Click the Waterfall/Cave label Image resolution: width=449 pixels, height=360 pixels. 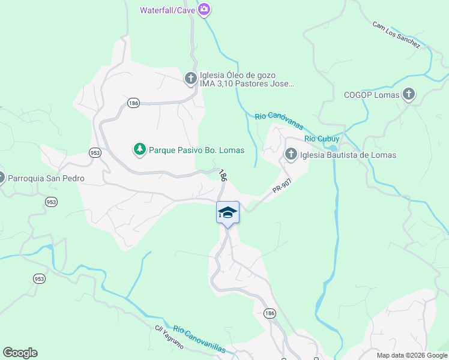tap(167, 10)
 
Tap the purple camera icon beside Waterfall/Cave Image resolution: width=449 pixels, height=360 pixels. tap(204, 10)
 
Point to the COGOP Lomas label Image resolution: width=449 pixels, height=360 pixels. tap(372, 94)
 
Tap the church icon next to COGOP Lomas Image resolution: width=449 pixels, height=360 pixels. tap(409, 94)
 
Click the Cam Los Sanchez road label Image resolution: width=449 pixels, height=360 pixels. tap(396, 34)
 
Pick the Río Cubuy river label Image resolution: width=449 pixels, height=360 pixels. tap(322, 139)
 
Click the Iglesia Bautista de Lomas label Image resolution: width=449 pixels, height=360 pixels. tap(348, 155)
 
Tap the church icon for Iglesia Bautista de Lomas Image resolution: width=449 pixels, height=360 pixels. tap(291, 155)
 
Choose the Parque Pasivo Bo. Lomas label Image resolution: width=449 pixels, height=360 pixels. tap(196, 149)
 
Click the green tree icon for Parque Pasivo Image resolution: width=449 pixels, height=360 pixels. tap(140, 149)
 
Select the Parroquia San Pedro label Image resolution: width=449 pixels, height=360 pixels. tap(46, 178)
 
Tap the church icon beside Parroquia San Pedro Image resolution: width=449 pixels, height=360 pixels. tap(1, 178)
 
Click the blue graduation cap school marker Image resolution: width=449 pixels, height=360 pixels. tap(228, 212)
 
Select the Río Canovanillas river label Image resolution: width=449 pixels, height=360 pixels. tap(199, 340)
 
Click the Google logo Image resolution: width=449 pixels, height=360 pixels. tap(20, 353)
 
